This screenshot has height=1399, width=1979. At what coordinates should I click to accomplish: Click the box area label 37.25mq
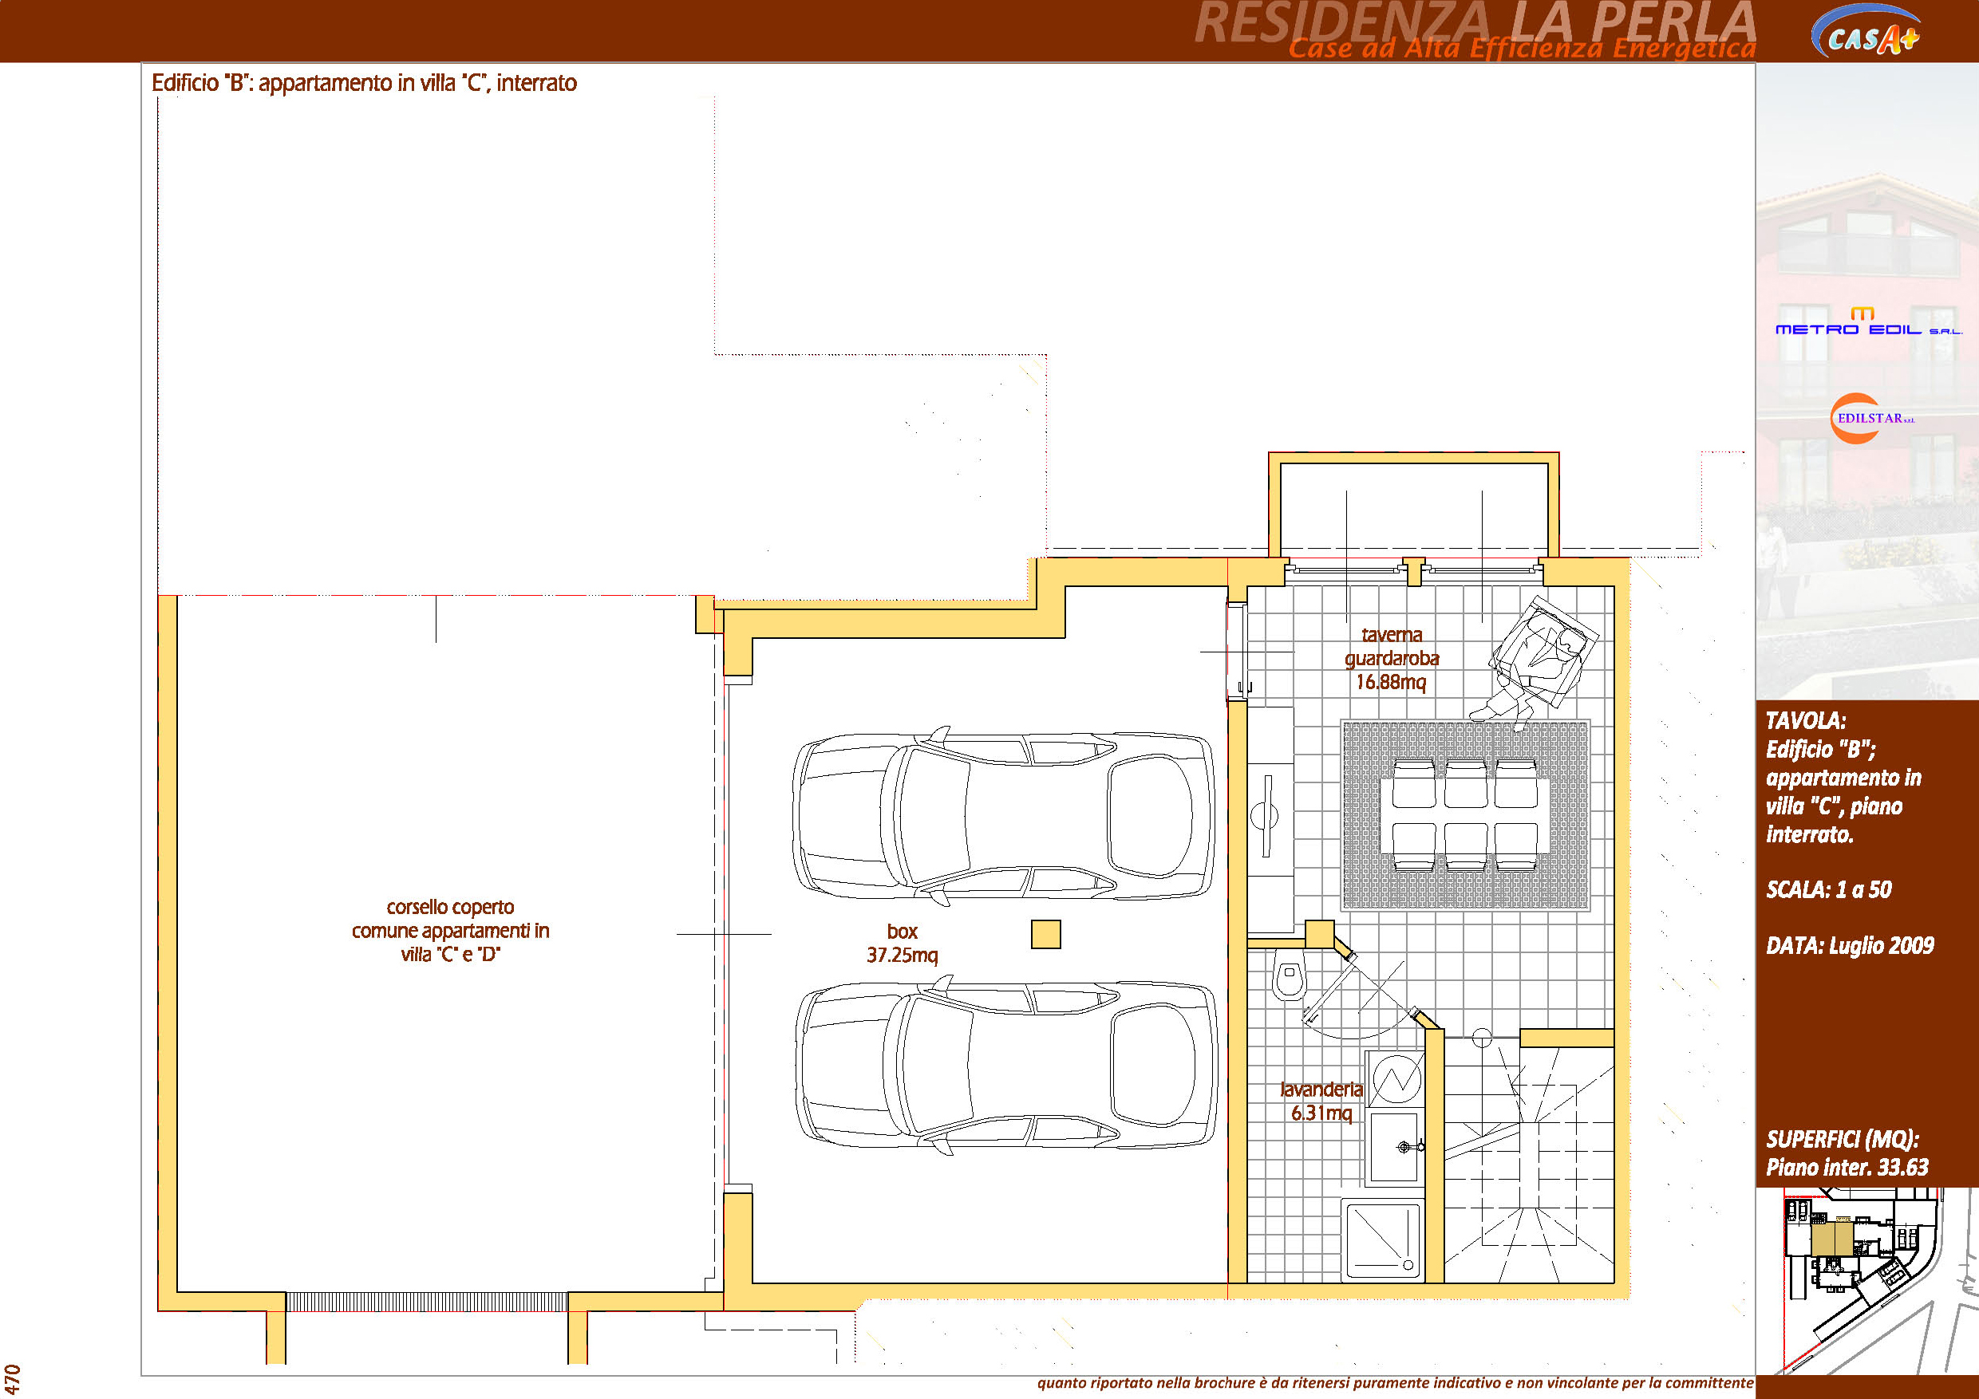[x=903, y=956]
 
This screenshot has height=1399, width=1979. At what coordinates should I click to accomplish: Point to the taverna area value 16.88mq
[x=1391, y=682]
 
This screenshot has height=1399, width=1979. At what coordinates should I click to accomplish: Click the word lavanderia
[x=1321, y=1090]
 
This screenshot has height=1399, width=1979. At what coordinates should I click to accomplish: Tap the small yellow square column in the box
[x=1045, y=935]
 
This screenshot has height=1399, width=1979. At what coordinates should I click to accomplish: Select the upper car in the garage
[x=1003, y=816]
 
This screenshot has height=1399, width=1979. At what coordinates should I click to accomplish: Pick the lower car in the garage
[x=1005, y=1065]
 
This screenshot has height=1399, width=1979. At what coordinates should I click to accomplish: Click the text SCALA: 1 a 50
[x=1829, y=890]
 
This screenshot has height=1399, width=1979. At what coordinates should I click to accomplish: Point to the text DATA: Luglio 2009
[x=1850, y=946]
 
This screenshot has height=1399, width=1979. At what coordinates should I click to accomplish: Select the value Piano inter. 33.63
[x=1847, y=1167]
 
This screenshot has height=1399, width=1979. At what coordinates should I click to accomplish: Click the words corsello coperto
[x=450, y=907]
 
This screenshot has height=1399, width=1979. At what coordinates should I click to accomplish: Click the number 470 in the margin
[x=12, y=1379]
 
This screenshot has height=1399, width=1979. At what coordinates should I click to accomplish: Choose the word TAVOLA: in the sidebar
[x=1806, y=720]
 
